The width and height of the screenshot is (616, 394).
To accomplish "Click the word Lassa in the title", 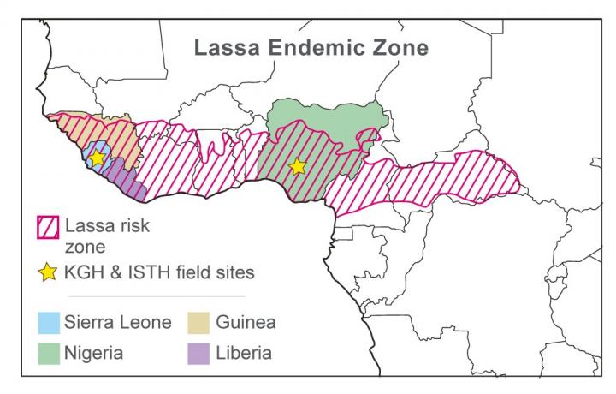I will pyautogui.click(x=224, y=46).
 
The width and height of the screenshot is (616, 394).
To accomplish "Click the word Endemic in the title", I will pyautogui.click(x=316, y=46).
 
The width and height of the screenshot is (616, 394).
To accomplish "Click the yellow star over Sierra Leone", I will pyautogui.click(x=98, y=158).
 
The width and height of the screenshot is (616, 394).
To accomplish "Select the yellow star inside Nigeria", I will pyautogui.click(x=297, y=167).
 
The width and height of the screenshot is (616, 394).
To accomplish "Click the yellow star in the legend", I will pyautogui.click(x=48, y=273).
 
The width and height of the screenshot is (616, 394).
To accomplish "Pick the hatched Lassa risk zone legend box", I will pyautogui.click(x=48, y=229).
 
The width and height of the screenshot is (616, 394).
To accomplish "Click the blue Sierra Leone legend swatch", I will pyautogui.click(x=48, y=323).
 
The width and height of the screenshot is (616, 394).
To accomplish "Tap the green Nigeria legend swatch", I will pyautogui.click(x=48, y=353).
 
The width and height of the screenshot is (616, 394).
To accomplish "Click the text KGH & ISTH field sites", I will pyautogui.click(x=160, y=273).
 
